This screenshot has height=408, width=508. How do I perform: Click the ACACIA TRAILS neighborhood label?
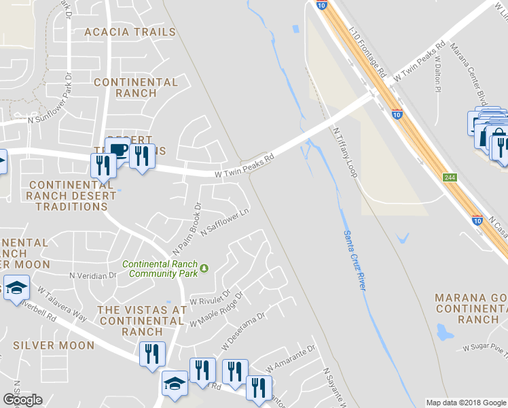coord(130,32)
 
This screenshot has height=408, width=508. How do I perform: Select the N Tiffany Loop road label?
coord(345,152)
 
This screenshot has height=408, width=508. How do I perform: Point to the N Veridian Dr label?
coord(94,275)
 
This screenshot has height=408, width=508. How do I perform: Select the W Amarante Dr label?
coord(292,358)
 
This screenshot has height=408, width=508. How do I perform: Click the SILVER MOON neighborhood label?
coord(54,345)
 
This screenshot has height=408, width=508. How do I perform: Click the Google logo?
coord(22,400)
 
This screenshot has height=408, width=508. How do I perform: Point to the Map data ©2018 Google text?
coord(465,403)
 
